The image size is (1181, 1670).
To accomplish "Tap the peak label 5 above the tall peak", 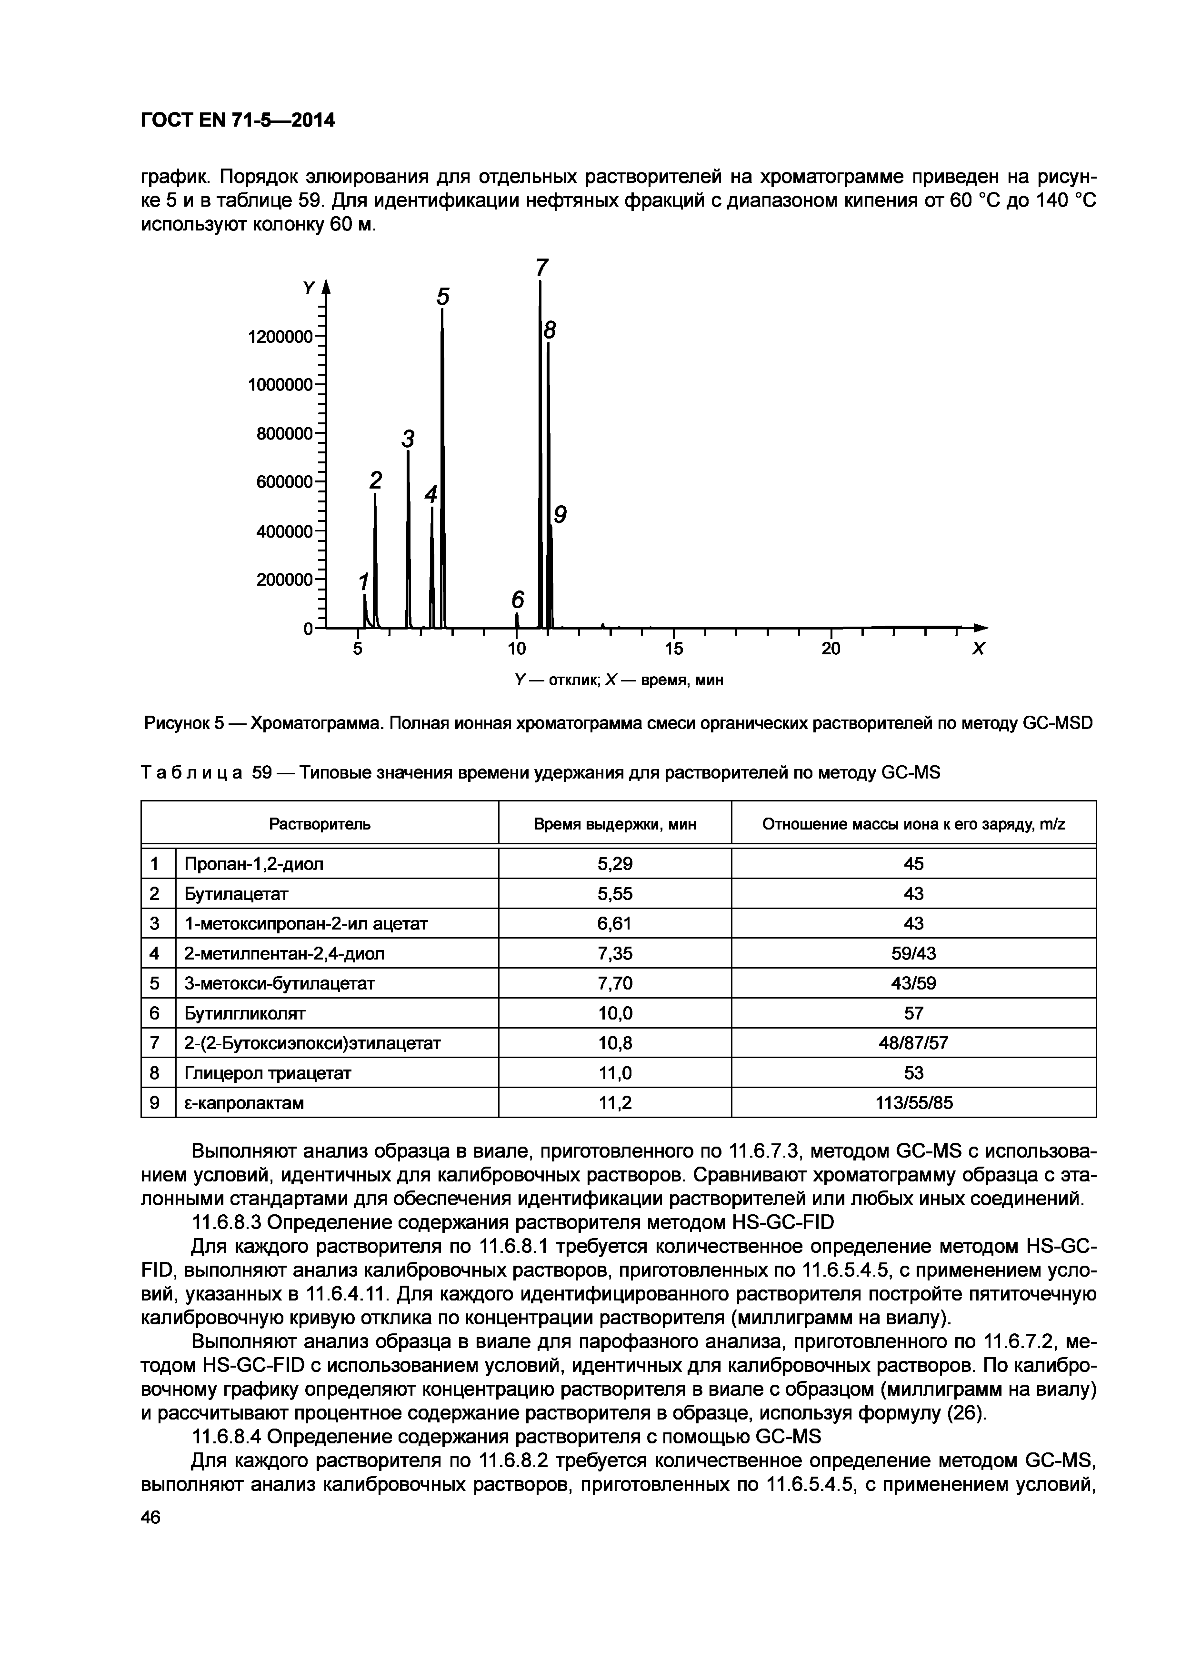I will (x=443, y=297).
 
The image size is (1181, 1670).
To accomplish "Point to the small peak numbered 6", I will (x=517, y=600).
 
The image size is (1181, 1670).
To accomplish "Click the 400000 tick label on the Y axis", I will (x=284, y=532).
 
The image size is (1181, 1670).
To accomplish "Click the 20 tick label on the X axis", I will (x=831, y=648).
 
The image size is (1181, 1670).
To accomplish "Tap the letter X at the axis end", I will (x=978, y=649).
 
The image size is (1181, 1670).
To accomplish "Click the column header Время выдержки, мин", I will (x=614, y=824).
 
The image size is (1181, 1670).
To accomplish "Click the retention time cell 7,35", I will (x=614, y=953).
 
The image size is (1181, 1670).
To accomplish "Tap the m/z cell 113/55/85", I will (x=913, y=1103).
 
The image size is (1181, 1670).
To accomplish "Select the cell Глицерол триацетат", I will (x=268, y=1073).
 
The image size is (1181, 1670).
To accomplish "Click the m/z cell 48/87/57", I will (x=913, y=1043).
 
